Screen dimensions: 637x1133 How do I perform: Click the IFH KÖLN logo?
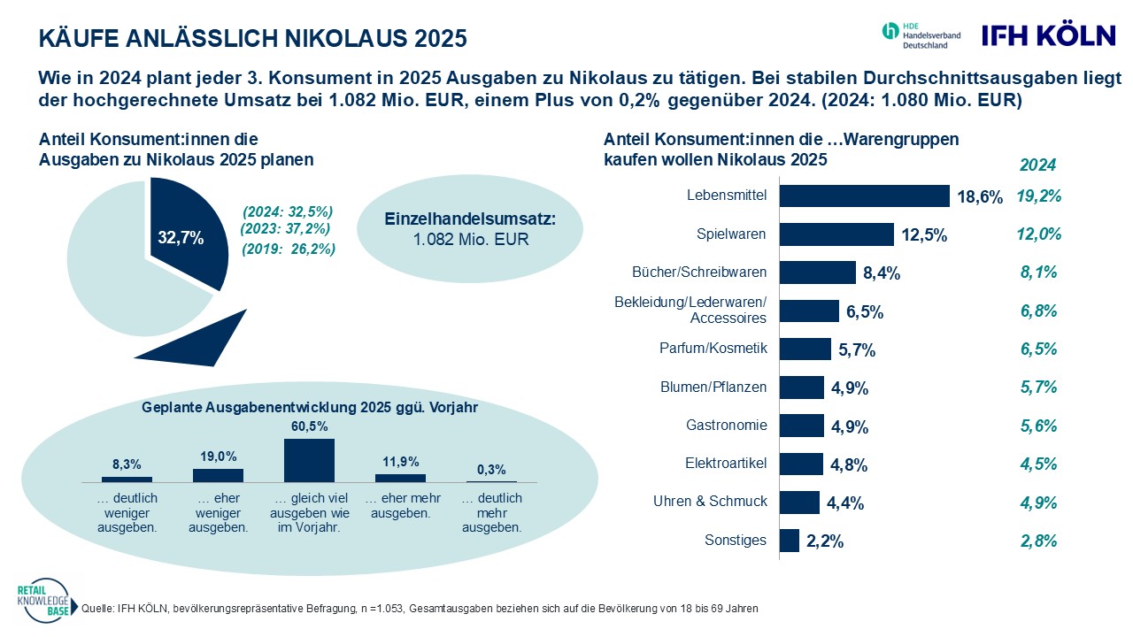click(x=1049, y=35)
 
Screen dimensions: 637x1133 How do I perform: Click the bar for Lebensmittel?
click(x=864, y=196)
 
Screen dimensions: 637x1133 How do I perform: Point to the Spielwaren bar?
click(x=836, y=234)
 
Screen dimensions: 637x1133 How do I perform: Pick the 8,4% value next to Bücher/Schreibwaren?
click(x=881, y=273)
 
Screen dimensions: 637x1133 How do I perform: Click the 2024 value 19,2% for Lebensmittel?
click(x=1039, y=196)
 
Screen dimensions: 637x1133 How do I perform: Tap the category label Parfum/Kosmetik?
click(x=713, y=348)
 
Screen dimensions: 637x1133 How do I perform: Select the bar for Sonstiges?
click(x=790, y=541)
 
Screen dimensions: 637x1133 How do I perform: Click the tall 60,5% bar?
click(x=309, y=460)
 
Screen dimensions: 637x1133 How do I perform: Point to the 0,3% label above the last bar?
click(x=491, y=468)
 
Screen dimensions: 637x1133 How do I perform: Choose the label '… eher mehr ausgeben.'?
click(x=401, y=505)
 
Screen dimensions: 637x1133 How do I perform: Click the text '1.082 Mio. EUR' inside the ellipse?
click(x=470, y=239)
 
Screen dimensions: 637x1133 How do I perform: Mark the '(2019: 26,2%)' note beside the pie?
click(x=289, y=249)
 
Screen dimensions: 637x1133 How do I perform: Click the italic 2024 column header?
click(x=1037, y=165)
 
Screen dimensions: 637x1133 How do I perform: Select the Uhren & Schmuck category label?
click(x=710, y=501)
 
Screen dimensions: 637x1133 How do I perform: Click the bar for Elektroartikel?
click(x=801, y=464)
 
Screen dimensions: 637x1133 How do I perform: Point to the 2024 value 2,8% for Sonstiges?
click(x=1039, y=541)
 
